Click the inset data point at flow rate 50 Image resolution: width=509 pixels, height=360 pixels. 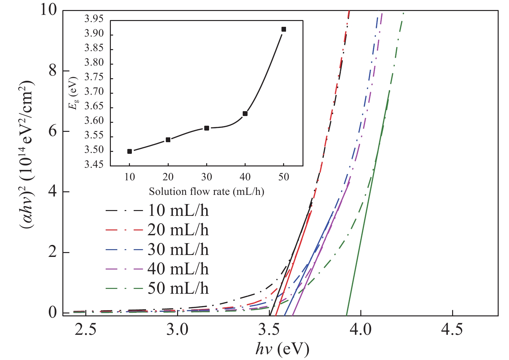284,29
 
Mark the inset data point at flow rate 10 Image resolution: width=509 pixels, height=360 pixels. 130,151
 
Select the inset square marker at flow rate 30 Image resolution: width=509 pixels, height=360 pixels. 207,128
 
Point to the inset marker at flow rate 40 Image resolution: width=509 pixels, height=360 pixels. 245,113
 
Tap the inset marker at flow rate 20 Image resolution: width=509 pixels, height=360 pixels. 168,140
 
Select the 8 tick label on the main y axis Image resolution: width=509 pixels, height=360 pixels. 53,71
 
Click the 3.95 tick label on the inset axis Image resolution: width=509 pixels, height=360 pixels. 94,19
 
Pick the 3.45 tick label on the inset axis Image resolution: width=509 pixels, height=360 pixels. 94,165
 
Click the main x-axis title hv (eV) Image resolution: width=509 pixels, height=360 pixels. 282,349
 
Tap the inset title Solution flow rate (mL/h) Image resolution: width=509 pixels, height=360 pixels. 207,192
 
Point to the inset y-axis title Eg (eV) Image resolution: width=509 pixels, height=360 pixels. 74,93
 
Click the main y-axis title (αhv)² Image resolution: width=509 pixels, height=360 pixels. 27,158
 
